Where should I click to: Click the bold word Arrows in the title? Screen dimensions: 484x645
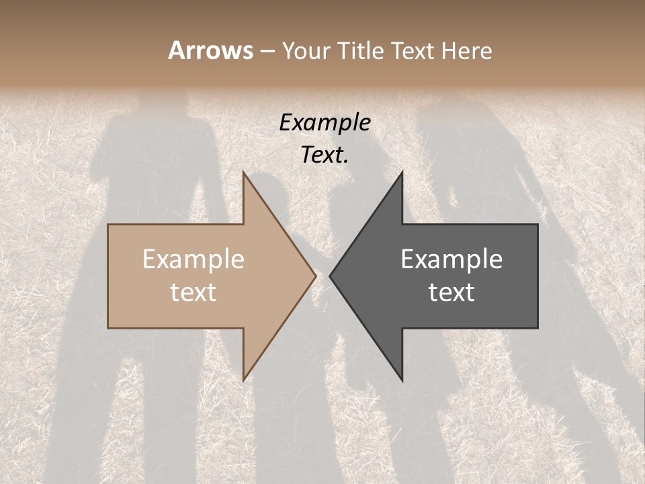click(210, 50)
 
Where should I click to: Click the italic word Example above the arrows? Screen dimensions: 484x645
click(325, 123)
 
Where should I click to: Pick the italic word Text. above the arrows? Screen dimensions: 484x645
click(325, 155)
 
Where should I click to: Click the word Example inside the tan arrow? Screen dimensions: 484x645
click(193, 259)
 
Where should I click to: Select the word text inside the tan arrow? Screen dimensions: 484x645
click(193, 292)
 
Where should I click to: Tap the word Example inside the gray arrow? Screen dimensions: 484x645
click(451, 259)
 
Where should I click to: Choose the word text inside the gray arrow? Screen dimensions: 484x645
click(451, 292)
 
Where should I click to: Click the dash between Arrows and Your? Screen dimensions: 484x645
click(267, 51)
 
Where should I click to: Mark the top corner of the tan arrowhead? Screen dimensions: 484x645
click(243, 172)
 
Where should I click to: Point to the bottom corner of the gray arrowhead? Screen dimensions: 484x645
click(402, 380)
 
